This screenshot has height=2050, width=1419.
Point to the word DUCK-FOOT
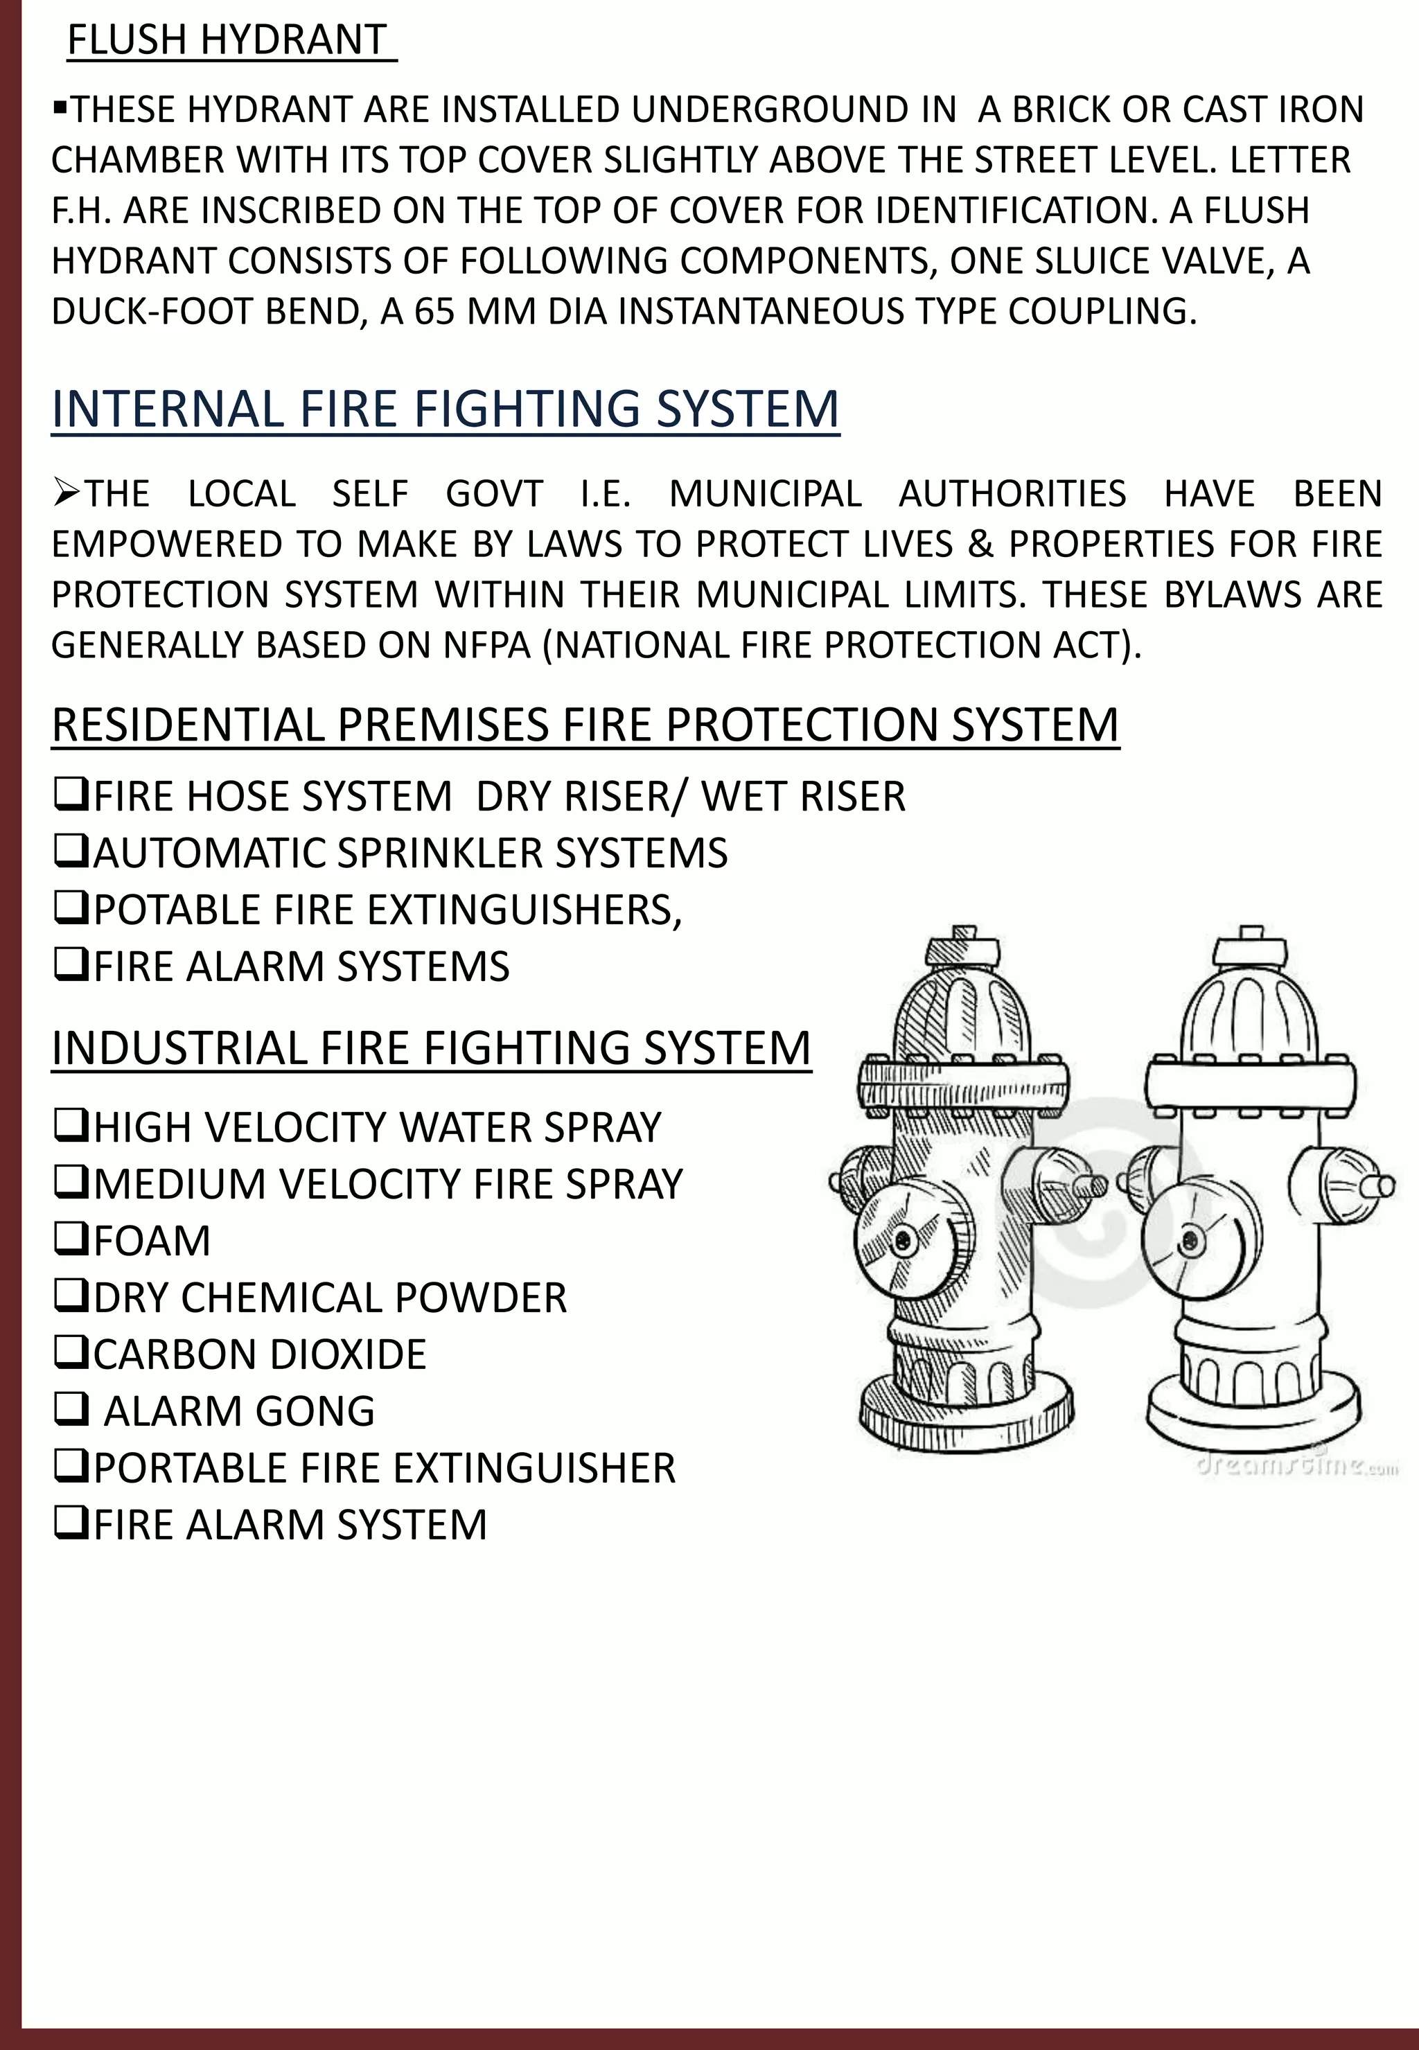(138, 311)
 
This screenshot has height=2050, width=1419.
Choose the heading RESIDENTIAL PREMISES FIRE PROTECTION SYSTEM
(584, 725)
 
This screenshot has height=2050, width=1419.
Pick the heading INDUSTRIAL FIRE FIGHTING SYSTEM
(431, 1048)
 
